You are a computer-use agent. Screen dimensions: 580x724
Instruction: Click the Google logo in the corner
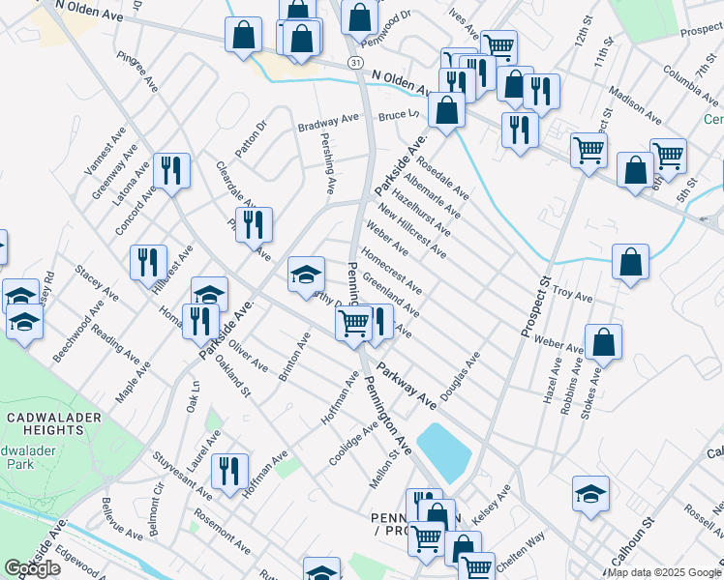click(32, 568)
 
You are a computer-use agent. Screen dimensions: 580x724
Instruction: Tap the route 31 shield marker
click(356, 63)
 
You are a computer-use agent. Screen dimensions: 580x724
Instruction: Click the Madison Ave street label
click(636, 106)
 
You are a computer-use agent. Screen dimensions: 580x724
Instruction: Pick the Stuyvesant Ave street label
click(182, 472)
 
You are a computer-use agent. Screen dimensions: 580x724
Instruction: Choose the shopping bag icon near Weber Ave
click(603, 342)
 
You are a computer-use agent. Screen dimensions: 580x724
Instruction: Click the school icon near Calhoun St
click(590, 494)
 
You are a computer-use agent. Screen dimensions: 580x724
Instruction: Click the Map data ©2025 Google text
click(663, 572)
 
